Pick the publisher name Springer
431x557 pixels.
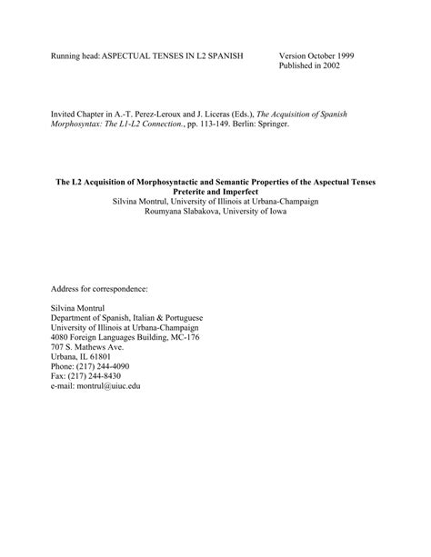(x=269, y=125)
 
